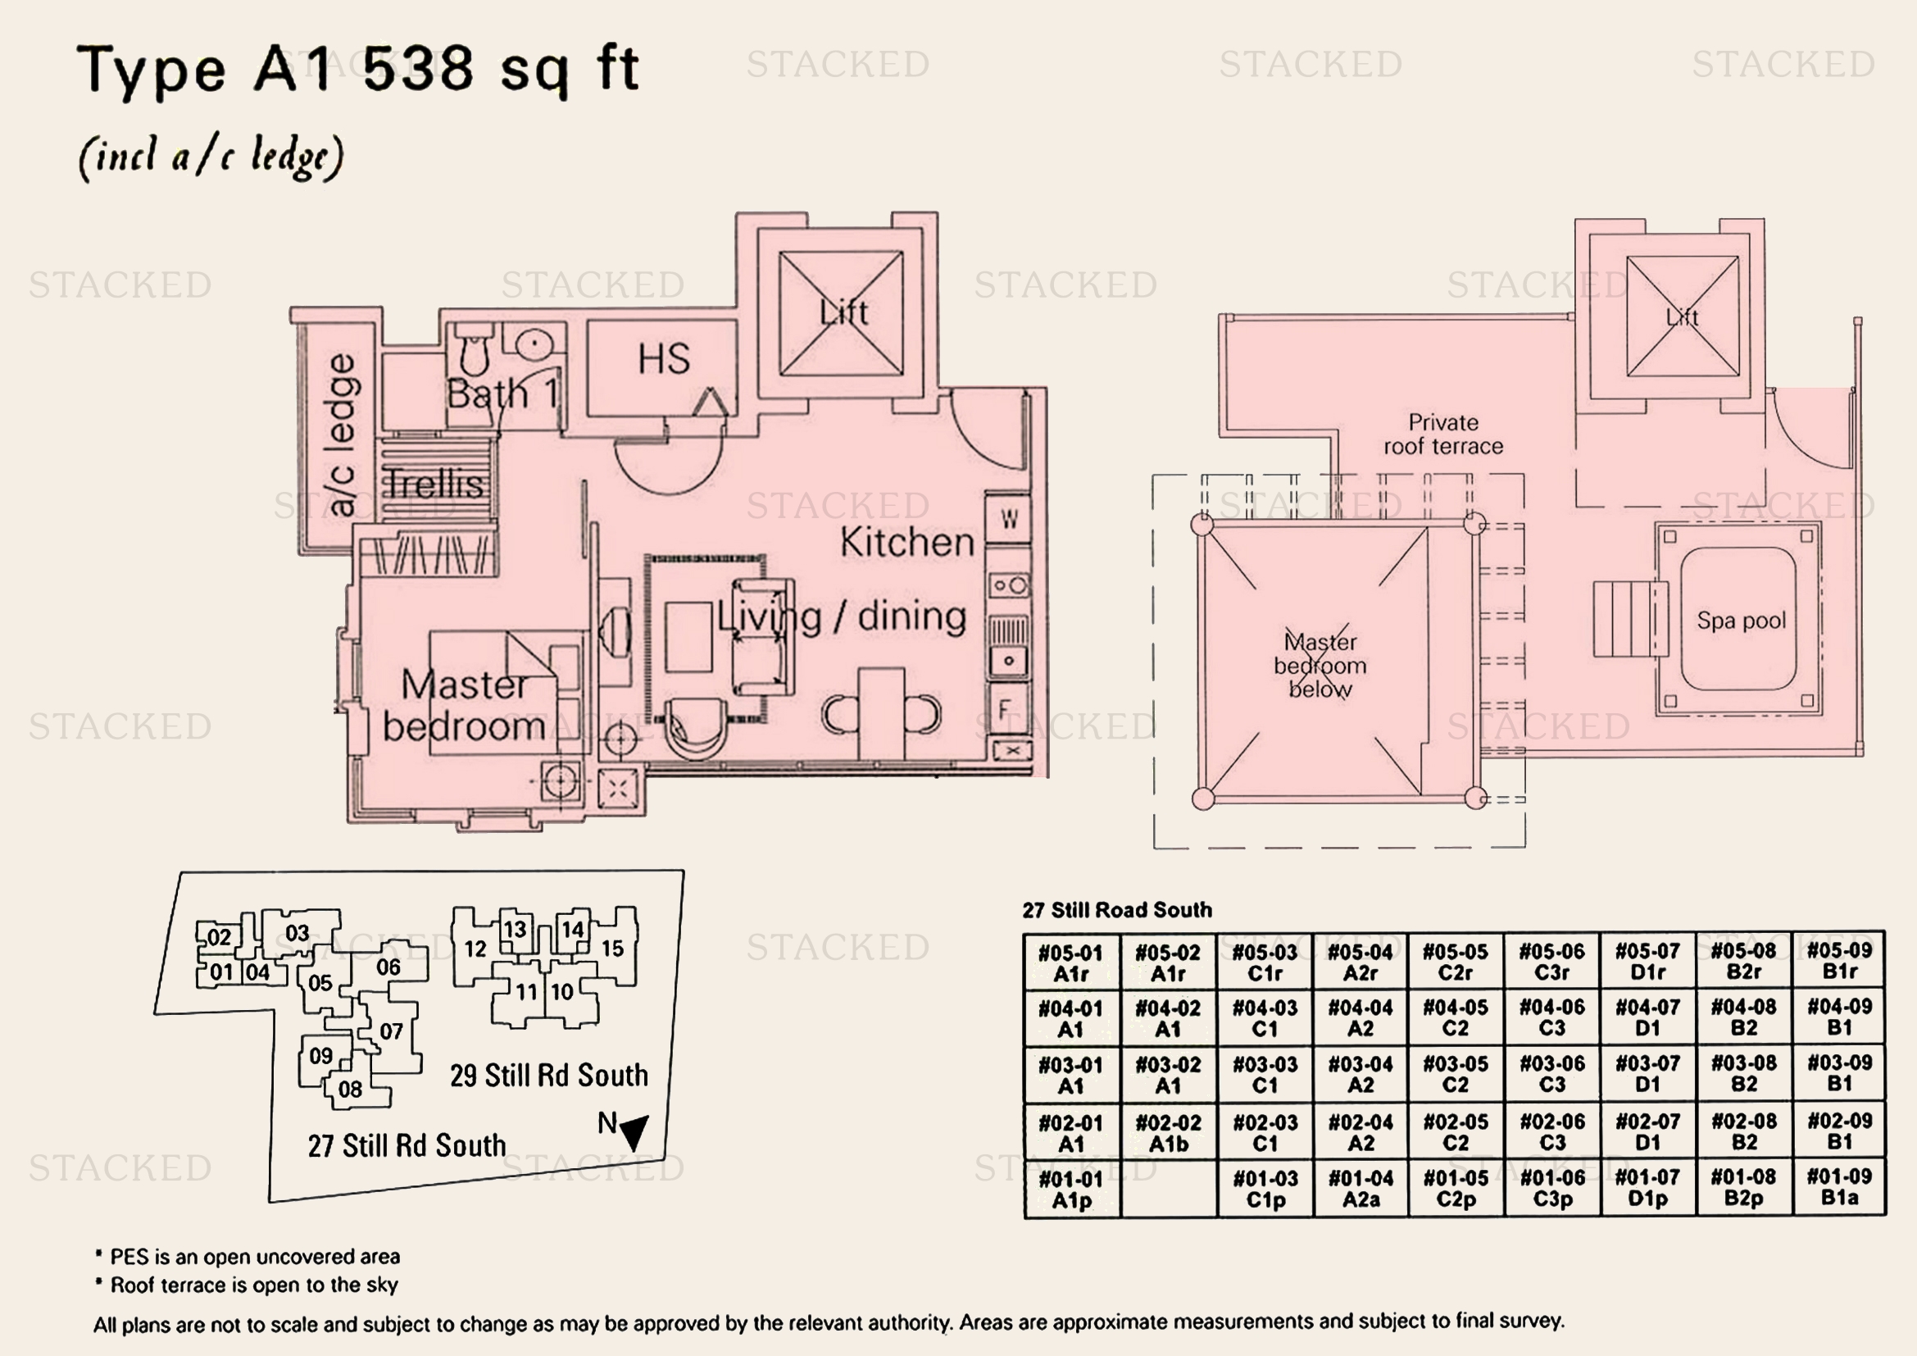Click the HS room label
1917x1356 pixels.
(x=664, y=359)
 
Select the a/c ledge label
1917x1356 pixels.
(x=342, y=435)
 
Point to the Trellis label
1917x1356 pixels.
(x=434, y=485)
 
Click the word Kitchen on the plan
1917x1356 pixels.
(x=906, y=543)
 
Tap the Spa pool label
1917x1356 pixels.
(x=1741, y=621)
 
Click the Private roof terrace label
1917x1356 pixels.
(x=1443, y=435)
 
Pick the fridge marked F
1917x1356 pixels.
(x=1006, y=710)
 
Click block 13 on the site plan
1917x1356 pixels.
(x=515, y=930)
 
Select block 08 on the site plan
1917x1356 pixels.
(x=350, y=1089)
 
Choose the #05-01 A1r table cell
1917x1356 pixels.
(x=1071, y=962)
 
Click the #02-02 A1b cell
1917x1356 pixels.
(x=1168, y=1133)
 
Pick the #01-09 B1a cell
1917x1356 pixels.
(x=1839, y=1187)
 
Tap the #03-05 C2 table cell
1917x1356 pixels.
(x=1456, y=1074)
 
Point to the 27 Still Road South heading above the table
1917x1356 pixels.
(x=1117, y=910)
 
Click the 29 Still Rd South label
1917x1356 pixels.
(x=548, y=1076)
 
